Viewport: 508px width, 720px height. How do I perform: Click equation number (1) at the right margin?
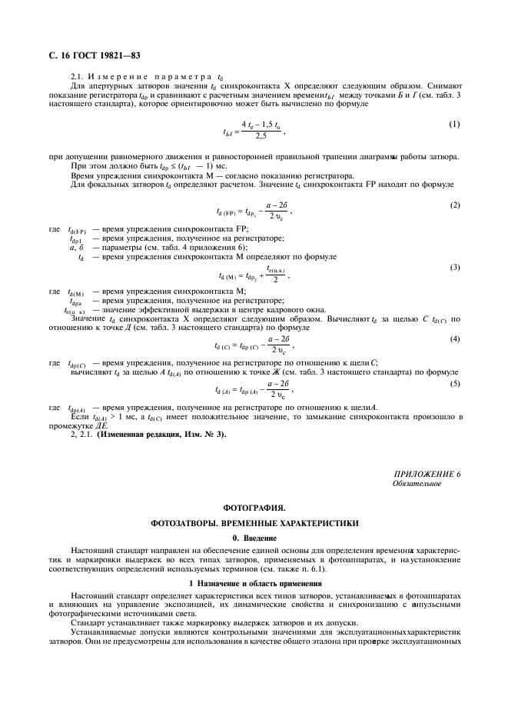[x=454, y=123]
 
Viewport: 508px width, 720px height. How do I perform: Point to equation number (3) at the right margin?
[x=454, y=267]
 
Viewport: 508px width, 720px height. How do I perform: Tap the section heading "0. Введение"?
[x=254, y=537]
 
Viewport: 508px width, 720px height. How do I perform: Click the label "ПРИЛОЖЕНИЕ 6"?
[x=427, y=474]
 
